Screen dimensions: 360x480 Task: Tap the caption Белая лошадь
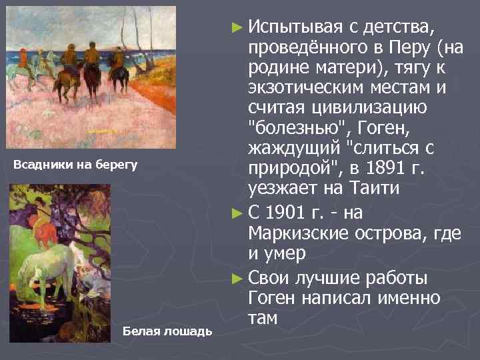click(168, 330)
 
